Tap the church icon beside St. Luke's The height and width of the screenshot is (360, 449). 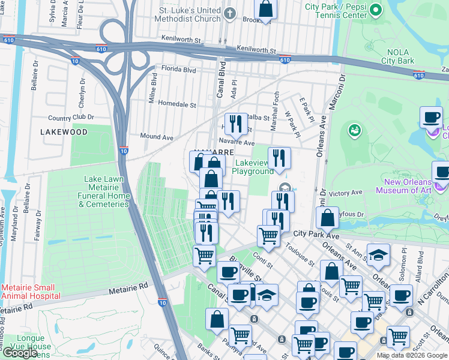(229, 13)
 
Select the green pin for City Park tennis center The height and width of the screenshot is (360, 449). (375, 10)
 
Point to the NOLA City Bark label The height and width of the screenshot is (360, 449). (397, 56)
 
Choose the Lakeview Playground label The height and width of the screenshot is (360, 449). (254, 167)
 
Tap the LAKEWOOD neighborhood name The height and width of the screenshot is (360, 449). (64, 131)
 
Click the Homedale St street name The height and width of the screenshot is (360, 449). (176, 104)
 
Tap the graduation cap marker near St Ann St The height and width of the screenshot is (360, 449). (378, 255)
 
